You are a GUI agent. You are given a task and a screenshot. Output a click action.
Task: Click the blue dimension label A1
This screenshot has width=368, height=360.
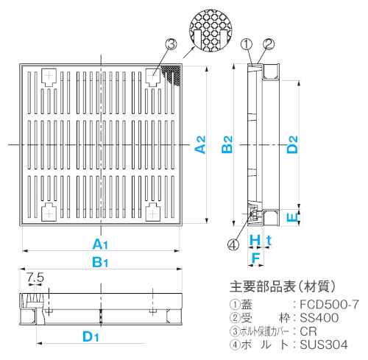pyautogui.click(x=100, y=244)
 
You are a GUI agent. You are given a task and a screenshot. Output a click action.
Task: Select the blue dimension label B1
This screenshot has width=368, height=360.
pyautogui.click(x=100, y=262)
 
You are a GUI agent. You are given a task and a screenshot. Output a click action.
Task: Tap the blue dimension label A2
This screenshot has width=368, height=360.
pyautogui.click(x=200, y=144)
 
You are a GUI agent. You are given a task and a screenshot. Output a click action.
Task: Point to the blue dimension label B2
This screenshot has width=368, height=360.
pyautogui.click(x=227, y=144)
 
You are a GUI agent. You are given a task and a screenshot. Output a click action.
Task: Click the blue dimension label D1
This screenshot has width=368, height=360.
pyautogui.click(x=91, y=336)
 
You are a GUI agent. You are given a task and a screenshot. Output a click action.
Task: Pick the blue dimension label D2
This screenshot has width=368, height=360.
pyautogui.click(x=292, y=144)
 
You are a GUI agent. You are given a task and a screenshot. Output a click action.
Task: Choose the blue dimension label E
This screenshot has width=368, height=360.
pyautogui.click(x=292, y=217)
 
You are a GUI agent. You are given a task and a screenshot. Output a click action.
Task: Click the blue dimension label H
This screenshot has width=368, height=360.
pyautogui.click(x=255, y=240)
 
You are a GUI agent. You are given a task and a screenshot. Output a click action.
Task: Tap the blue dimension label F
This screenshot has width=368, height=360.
pyautogui.click(x=256, y=258)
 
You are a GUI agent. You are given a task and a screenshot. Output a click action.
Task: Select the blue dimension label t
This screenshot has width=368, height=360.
pyautogui.click(x=269, y=241)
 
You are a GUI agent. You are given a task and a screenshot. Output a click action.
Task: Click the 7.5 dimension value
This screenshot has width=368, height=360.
pyautogui.click(x=35, y=278)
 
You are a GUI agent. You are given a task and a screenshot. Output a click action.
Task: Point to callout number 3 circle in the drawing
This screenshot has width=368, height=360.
pyautogui.click(x=171, y=44)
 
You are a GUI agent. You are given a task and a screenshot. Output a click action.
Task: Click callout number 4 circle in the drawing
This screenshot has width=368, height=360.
pyautogui.click(x=233, y=244)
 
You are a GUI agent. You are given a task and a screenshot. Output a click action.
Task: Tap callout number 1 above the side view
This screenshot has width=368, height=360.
pyautogui.click(x=247, y=44)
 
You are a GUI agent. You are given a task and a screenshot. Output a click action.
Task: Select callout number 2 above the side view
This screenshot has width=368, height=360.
pyautogui.click(x=269, y=44)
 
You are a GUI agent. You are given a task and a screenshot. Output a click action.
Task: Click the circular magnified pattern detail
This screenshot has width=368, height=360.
pyautogui.click(x=210, y=31)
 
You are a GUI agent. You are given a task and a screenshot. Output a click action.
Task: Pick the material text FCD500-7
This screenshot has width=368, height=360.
pyautogui.click(x=330, y=305)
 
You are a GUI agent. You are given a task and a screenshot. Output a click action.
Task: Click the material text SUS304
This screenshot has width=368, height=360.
pyautogui.click(x=324, y=345)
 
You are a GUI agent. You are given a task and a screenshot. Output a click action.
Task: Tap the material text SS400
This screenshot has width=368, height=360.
pyautogui.click(x=319, y=318)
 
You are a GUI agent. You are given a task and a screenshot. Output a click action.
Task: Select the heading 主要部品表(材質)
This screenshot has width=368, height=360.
pyautogui.click(x=283, y=286)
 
